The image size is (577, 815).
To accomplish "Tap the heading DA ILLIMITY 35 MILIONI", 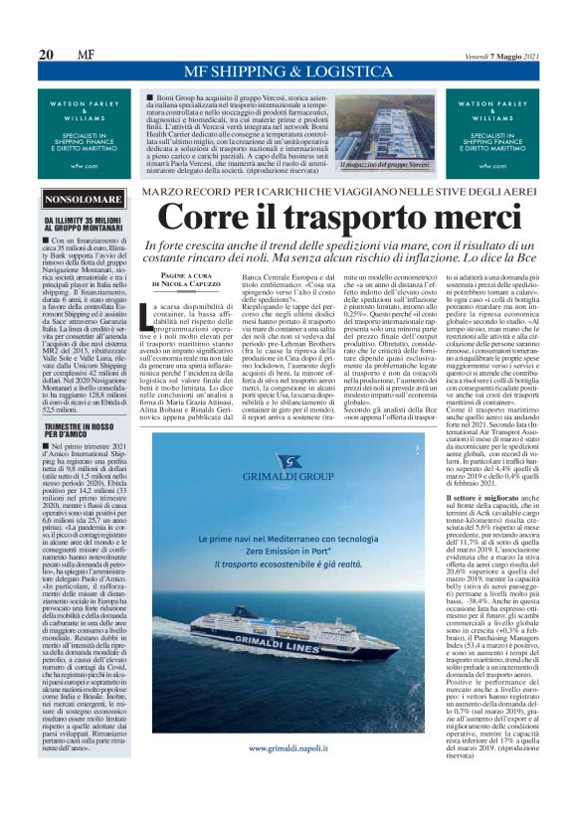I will [x=86, y=225].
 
